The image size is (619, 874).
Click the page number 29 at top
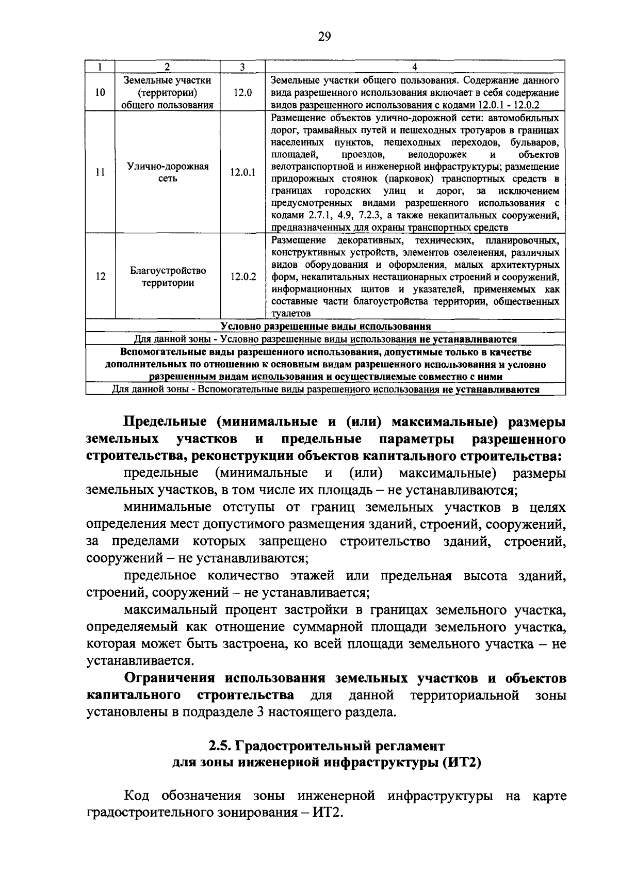(x=324, y=36)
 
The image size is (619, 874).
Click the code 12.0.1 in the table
(x=242, y=173)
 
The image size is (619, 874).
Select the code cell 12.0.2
(x=242, y=277)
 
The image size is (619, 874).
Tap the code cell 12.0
(x=242, y=93)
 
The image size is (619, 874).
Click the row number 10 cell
(x=101, y=93)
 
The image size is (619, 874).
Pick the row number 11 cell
(x=101, y=173)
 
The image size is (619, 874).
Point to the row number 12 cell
(x=101, y=277)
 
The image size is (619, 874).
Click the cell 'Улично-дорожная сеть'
(x=168, y=173)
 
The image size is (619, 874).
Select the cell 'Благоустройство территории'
(x=168, y=277)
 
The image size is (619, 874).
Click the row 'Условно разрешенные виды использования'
(x=325, y=327)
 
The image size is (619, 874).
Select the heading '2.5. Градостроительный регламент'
(x=325, y=746)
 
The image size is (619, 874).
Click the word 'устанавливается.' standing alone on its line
(x=133, y=661)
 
